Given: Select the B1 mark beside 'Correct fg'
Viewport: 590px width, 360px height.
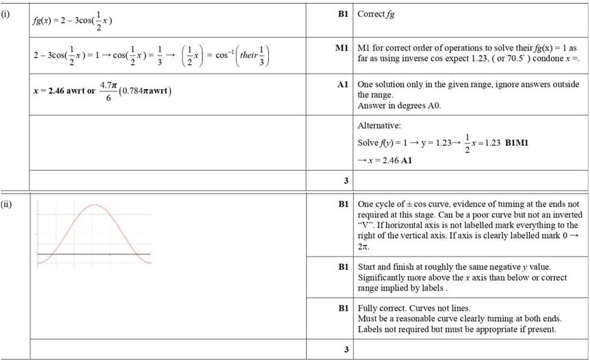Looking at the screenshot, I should [343, 14].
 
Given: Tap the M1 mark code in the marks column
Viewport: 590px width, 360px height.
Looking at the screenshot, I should [342, 48].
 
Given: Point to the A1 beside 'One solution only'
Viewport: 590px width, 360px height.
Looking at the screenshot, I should [343, 85].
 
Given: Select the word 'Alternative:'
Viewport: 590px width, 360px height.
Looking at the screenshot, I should [379, 126].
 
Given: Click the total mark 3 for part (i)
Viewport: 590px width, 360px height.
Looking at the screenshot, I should [346, 180].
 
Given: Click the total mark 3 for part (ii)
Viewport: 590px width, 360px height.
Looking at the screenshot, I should [346, 350].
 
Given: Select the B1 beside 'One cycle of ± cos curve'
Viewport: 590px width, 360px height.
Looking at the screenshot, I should [343, 204].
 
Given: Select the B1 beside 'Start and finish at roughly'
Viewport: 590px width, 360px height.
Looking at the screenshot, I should [343, 267].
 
